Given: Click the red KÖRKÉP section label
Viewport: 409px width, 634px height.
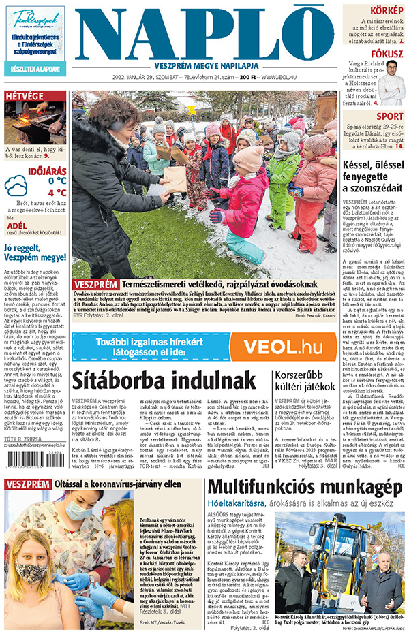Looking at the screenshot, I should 386,10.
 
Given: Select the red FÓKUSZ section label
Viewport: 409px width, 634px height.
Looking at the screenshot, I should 387,54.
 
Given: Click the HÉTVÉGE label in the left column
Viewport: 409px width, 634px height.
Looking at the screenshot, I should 25,96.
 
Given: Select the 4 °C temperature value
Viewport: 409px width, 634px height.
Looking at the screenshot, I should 57,193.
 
